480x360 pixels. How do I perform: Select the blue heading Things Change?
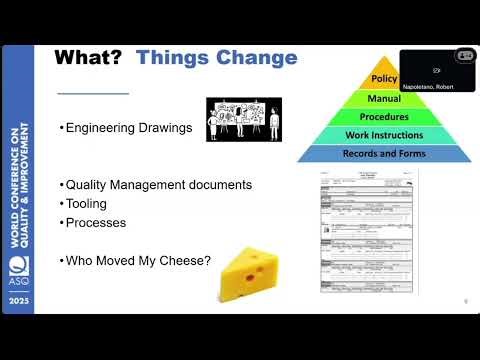pyautogui.click(x=217, y=57)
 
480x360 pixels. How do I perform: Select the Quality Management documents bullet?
pyautogui.click(x=158, y=185)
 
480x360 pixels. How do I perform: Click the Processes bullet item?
pyautogui.click(x=96, y=222)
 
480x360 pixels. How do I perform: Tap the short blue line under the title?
pyautogui.click(x=93, y=93)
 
